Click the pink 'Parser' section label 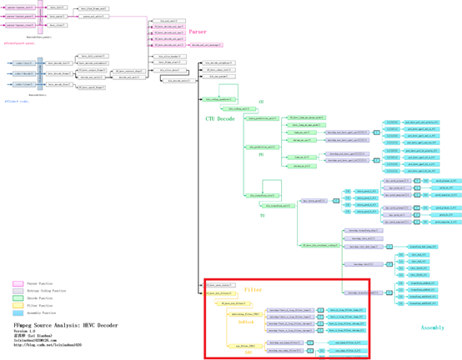point(198,32)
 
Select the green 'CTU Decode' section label point(220,119)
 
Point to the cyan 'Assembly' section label point(433,327)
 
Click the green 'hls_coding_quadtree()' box point(218,98)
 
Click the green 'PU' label point(261,154)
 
